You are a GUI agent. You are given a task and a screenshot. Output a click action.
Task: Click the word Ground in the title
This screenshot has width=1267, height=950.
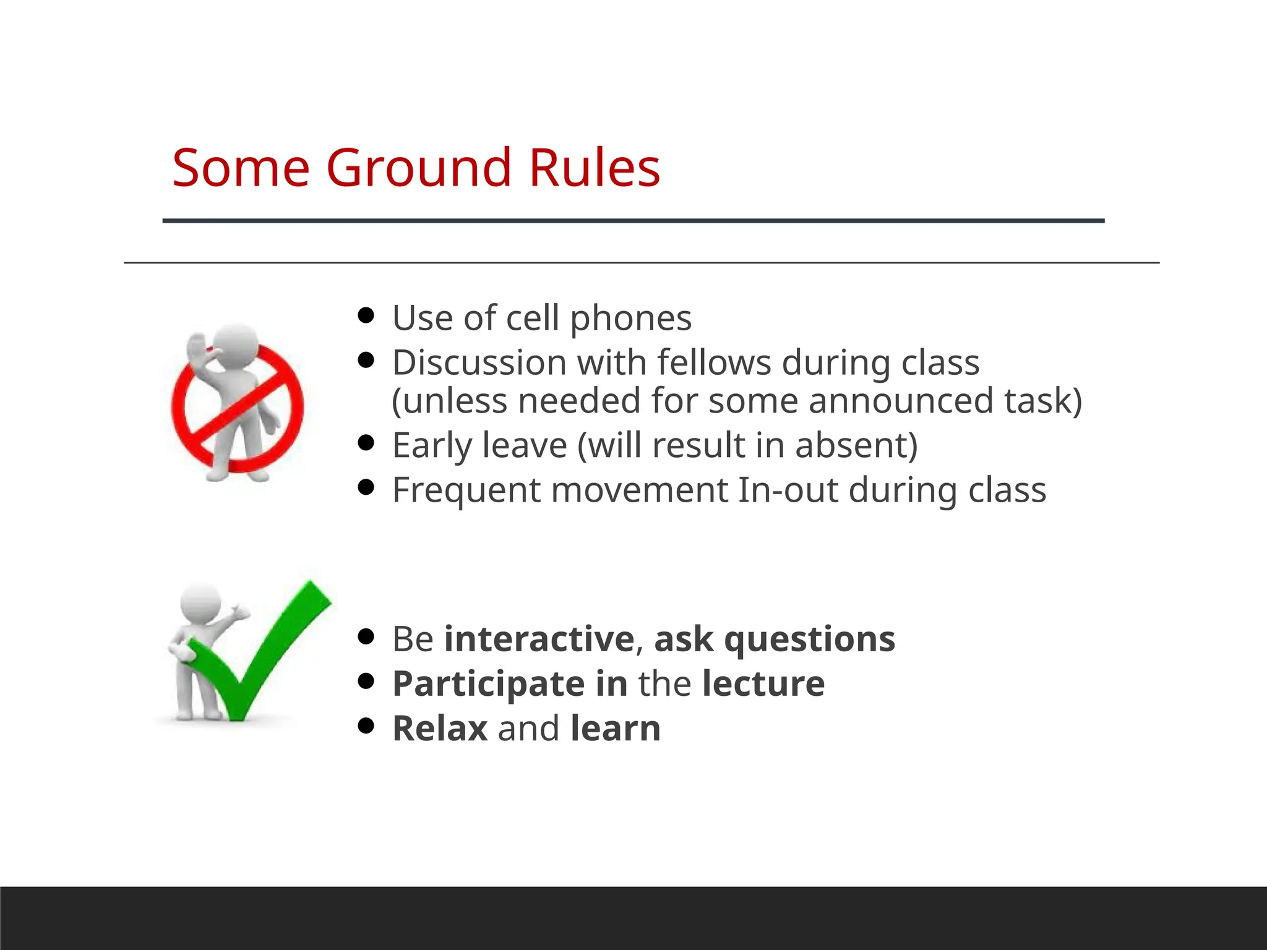[x=418, y=168]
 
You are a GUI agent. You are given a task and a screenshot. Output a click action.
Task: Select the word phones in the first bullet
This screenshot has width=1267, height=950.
[x=630, y=319]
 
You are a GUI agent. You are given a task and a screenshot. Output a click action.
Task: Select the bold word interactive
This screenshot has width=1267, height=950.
[x=539, y=639]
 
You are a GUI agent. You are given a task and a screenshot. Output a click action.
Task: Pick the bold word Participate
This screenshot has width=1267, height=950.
[x=489, y=683]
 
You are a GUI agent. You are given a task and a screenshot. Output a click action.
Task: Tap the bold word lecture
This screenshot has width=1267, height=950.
[x=763, y=683]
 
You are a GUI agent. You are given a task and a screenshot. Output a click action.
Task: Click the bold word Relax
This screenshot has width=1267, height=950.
[x=440, y=728]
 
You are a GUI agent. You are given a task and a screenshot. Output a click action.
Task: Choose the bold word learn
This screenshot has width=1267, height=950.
[x=616, y=728]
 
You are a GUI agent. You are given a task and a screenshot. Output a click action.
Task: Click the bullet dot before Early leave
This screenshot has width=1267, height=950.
[x=366, y=443]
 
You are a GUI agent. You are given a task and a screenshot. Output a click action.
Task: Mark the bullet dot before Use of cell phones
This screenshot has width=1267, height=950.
[x=366, y=316]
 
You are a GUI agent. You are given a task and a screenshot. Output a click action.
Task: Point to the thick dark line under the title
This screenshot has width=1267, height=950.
[x=633, y=221]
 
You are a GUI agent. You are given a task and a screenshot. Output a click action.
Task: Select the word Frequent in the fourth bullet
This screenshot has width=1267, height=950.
[x=466, y=490]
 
